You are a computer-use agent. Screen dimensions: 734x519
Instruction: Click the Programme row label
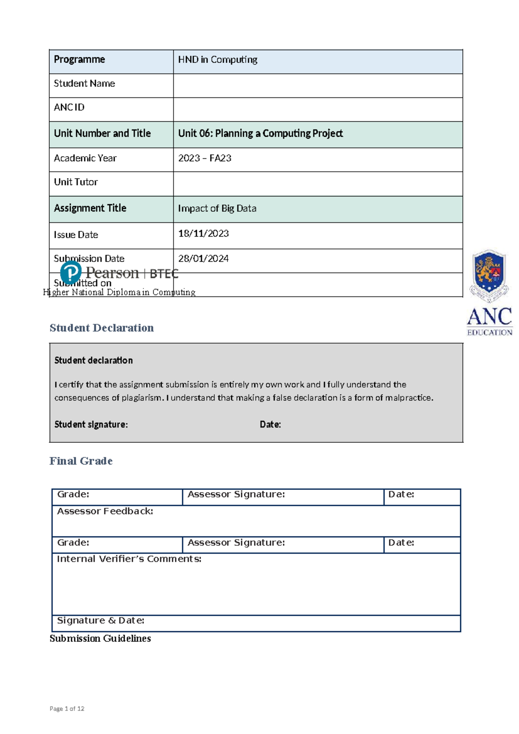pos(79,60)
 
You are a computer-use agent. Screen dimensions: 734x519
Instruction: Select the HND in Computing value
pos(218,60)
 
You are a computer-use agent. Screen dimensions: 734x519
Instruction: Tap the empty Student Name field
pos(317,85)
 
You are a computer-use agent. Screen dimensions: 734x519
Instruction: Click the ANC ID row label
pos(69,107)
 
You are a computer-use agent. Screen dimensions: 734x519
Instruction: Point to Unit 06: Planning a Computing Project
pos(260,134)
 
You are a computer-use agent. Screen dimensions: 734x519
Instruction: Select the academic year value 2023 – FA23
pos(205,158)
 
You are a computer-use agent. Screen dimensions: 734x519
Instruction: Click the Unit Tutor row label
pos(76,182)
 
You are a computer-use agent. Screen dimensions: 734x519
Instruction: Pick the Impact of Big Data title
pos(217,209)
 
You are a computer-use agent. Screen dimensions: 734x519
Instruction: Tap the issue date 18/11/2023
pos(203,234)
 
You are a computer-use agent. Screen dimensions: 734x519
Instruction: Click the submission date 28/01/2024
pos(203,259)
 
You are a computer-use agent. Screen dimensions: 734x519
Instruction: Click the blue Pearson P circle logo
pos(70,273)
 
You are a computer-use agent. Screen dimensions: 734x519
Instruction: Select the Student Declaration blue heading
pos(102,328)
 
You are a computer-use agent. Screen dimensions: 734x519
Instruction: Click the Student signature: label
pos(91,425)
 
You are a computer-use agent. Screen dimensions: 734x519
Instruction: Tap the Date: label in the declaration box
pos(270,425)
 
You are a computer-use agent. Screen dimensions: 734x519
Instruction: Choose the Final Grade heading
pos(81,461)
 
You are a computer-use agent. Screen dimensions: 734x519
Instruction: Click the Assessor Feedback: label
pos(105,512)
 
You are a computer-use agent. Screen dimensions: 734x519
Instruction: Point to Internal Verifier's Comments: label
pos(129,559)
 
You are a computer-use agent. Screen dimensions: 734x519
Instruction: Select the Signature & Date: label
pos(100,621)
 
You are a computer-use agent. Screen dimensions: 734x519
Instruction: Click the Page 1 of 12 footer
pos(67,709)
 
